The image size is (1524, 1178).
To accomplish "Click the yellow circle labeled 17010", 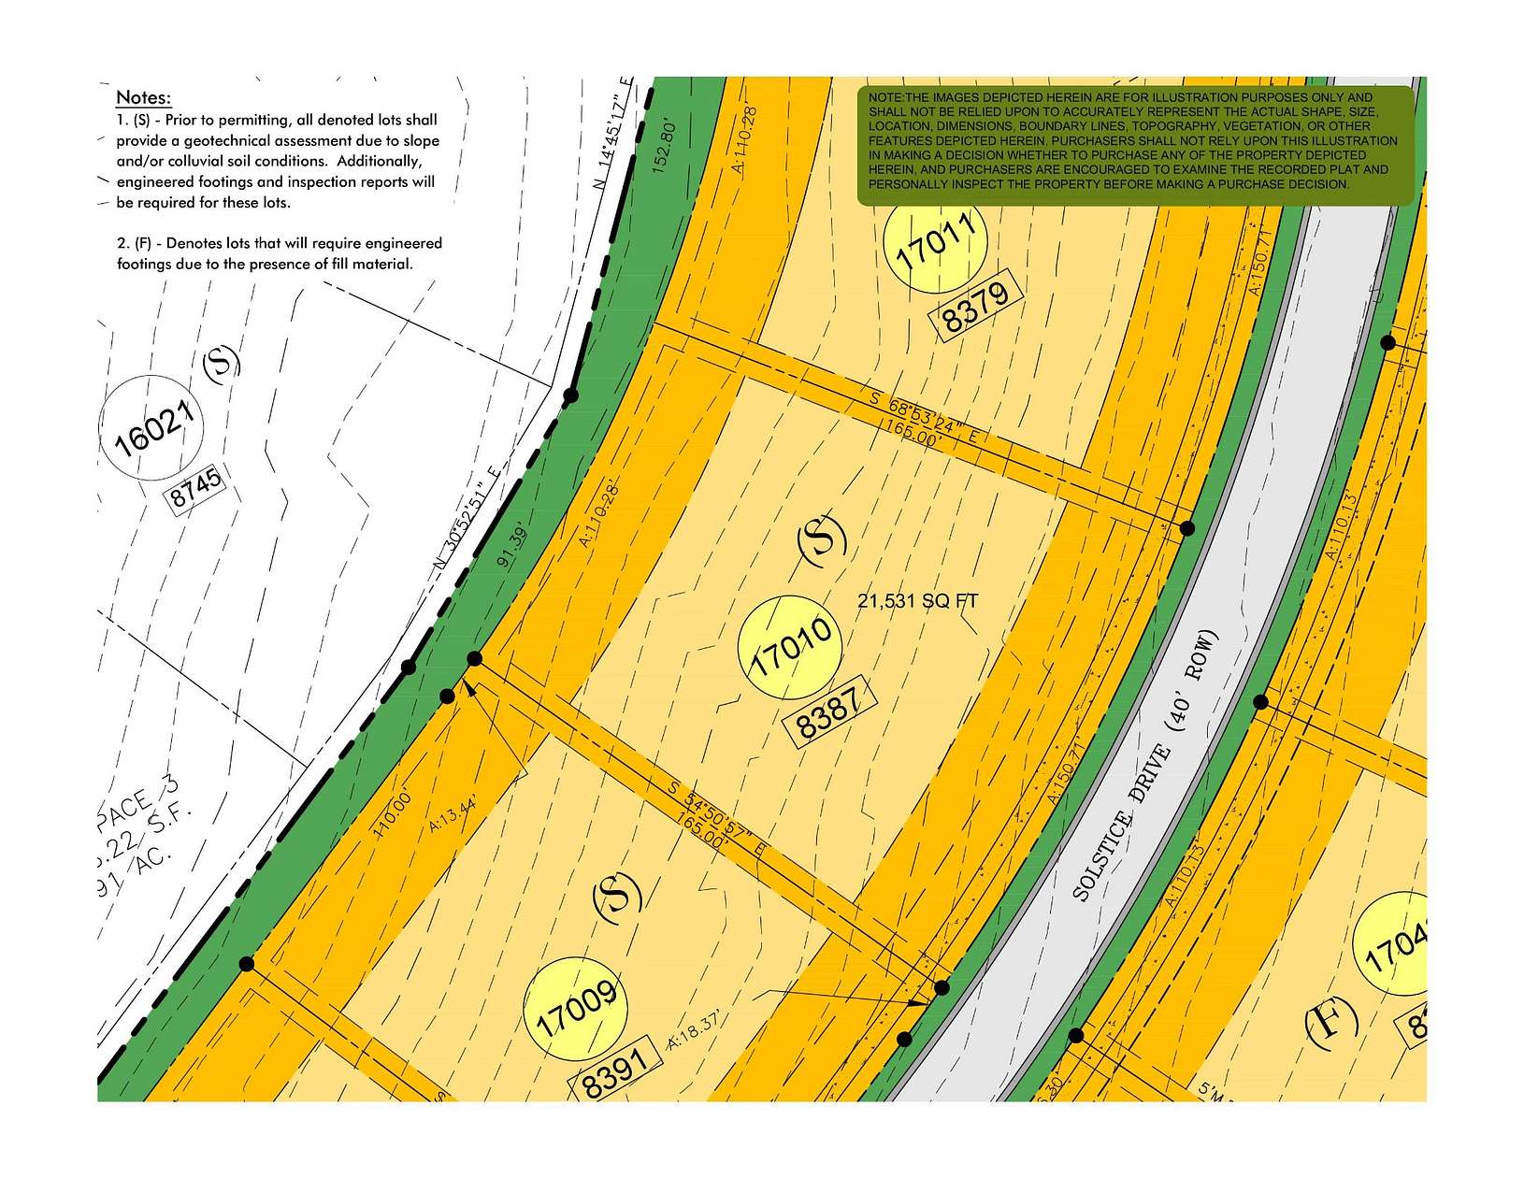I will pyautogui.click(x=790, y=647).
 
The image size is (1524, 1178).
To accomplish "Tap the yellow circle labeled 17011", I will pyautogui.click(x=935, y=239).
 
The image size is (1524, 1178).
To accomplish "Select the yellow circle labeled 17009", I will pyautogui.click(x=577, y=1009).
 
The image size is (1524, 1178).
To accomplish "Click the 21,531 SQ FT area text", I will pyautogui.click(x=918, y=601).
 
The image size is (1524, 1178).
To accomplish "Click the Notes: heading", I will pyautogui.click(x=143, y=97).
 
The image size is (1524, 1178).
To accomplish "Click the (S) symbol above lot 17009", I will pyautogui.click(x=618, y=894).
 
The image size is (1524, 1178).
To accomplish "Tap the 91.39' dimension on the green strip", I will pyautogui.click(x=513, y=546).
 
